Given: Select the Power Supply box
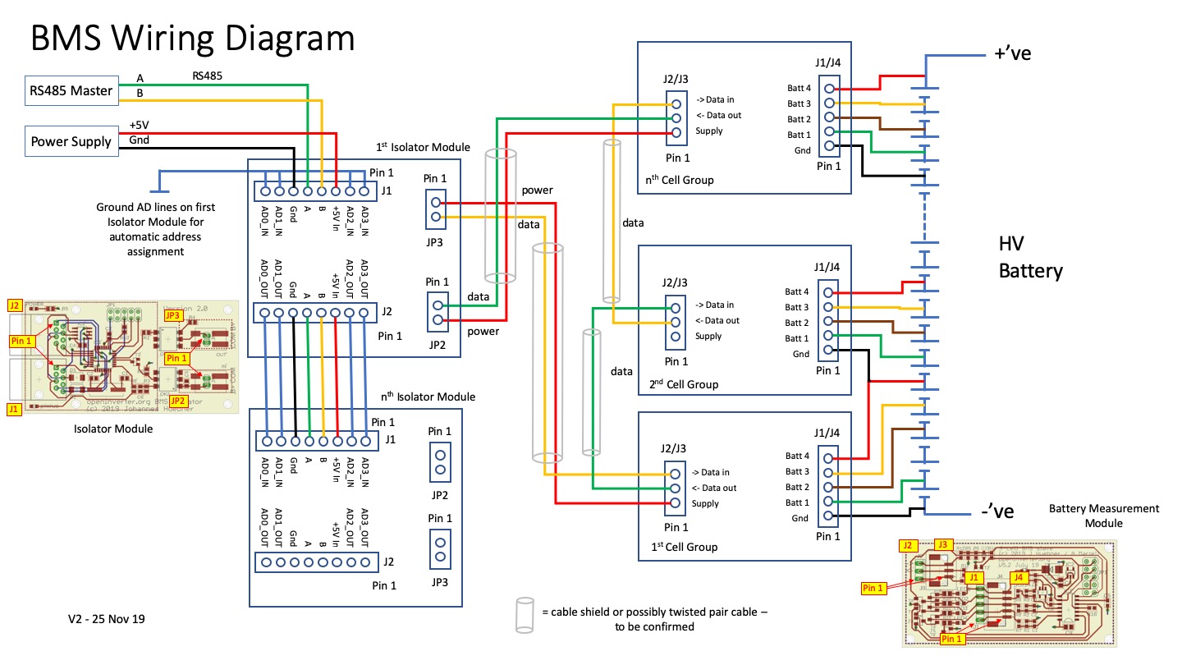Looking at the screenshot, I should (71, 141).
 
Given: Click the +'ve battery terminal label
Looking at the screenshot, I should (1012, 54).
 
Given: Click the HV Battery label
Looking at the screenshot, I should (1030, 257).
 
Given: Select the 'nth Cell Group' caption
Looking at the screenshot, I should (680, 180).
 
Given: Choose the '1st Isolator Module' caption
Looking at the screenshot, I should (423, 147).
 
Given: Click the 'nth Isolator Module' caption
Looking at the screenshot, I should (428, 397).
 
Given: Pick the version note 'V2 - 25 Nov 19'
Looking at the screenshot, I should (107, 619).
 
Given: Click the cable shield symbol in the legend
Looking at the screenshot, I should (523, 615).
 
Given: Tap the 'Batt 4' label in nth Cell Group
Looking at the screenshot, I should (799, 88).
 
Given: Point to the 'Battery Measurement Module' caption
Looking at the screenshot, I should (1103, 516).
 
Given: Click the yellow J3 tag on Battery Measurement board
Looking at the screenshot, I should (943, 544).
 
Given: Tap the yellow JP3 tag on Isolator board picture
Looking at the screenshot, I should (172, 315).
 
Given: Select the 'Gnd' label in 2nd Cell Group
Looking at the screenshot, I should (802, 354).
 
